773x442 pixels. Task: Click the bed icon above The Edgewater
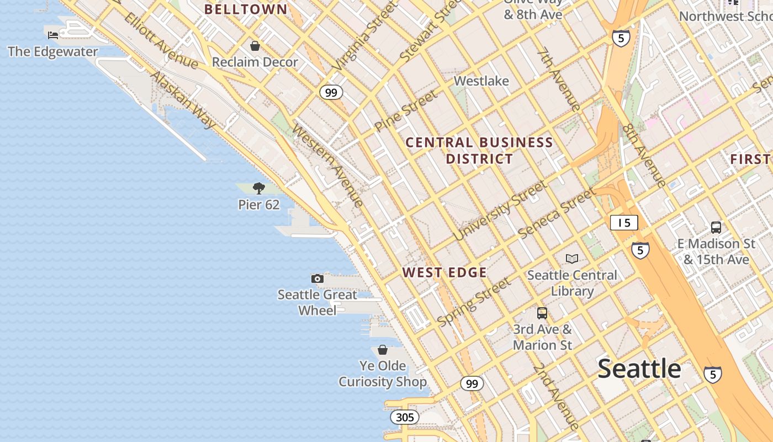point(53,35)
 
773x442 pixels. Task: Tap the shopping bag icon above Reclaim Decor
point(255,46)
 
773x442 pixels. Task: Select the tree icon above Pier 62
point(258,188)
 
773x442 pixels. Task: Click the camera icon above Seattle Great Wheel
point(317,278)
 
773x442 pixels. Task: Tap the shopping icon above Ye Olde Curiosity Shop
point(382,350)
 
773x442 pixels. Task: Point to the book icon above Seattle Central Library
point(572,259)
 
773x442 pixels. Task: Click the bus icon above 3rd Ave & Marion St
point(542,313)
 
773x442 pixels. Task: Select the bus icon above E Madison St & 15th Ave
point(716,227)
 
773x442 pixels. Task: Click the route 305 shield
point(404,417)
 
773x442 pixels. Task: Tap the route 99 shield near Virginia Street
point(331,92)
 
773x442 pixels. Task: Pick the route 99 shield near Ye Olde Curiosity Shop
point(472,383)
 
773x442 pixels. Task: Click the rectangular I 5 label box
point(624,223)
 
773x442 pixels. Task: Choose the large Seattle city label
point(639,369)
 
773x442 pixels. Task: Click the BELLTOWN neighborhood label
point(246,9)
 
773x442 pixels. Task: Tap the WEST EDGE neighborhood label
point(444,272)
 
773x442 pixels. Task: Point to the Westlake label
point(481,81)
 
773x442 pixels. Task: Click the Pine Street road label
point(406,110)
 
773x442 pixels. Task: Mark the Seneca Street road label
point(557,213)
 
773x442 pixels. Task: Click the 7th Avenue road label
point(559,81)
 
